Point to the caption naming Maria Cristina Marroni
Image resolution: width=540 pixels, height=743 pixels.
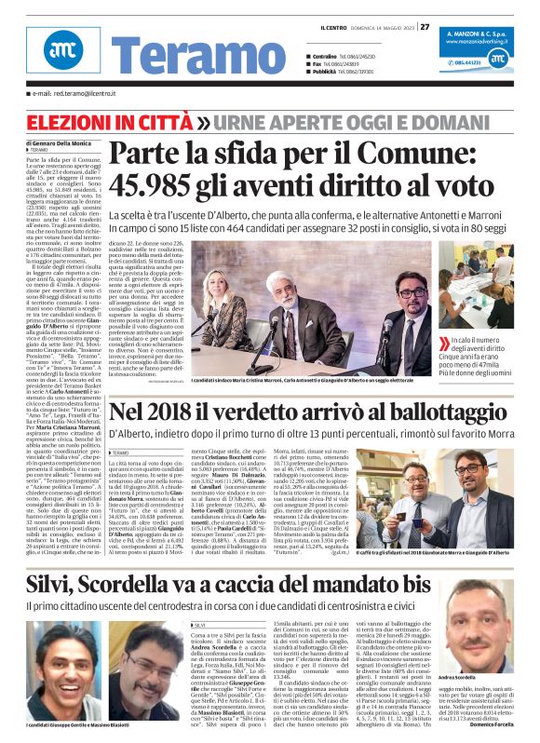click(278, 383)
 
